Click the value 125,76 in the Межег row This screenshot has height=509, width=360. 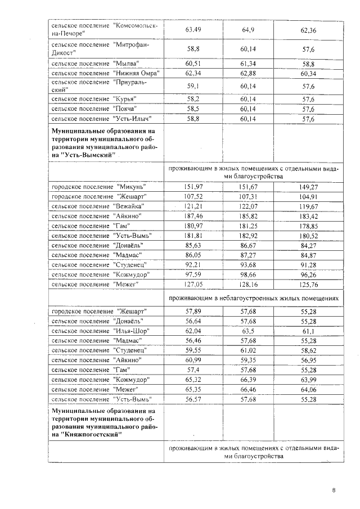(309, 284)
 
